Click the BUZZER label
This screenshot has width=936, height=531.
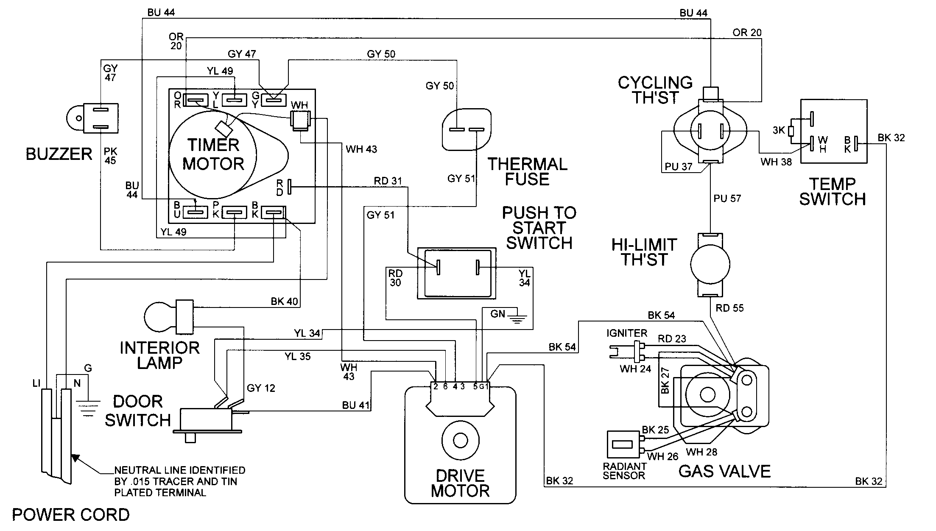tap(59, 154)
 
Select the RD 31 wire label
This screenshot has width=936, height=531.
tap(388, 181)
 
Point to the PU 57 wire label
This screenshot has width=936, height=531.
tap(727, 198)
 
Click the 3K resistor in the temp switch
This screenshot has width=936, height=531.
tap(791, 131)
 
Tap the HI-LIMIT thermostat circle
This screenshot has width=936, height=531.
tap(710, 264)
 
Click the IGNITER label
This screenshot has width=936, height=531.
tap(626, 333)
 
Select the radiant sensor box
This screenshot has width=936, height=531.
tap(623, 446)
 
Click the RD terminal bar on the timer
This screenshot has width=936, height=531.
tap(290, 187)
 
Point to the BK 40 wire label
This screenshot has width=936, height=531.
tap(284, 302)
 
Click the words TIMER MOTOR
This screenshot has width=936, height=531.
tap(213, 154)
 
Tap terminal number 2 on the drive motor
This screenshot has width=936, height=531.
tap(435, 386)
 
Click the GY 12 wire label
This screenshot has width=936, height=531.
tap(261, 388)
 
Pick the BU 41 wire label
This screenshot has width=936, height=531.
tap(356, 405)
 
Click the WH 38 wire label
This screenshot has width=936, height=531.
tap(776, 162)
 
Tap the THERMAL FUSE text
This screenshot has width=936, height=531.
tap(527, 172)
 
